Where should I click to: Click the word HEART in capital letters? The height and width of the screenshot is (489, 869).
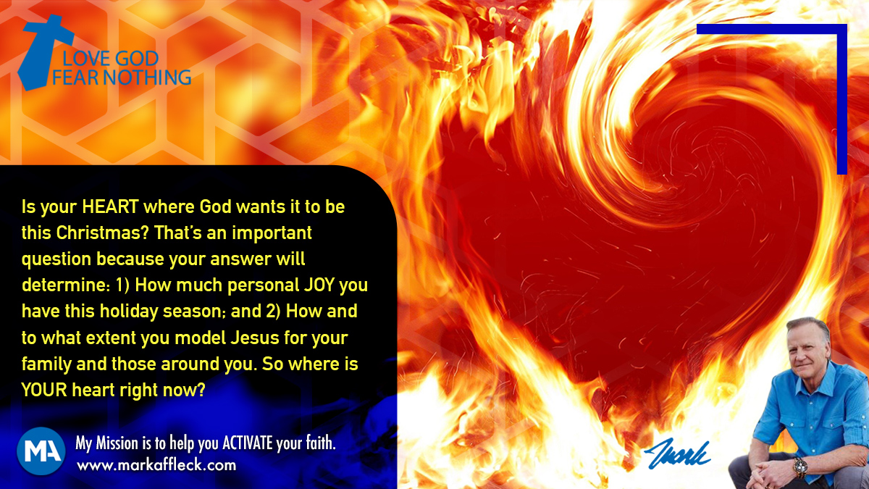click(111, 207)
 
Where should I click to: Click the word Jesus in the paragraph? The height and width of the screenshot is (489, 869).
click(254, 338)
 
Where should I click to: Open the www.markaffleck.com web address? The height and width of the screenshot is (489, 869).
click(156, 465)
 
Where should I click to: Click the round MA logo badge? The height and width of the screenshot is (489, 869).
click(41, 451)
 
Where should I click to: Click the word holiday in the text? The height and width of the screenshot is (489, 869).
click(129, 312)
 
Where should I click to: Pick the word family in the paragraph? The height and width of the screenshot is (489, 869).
click(46, 364)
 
